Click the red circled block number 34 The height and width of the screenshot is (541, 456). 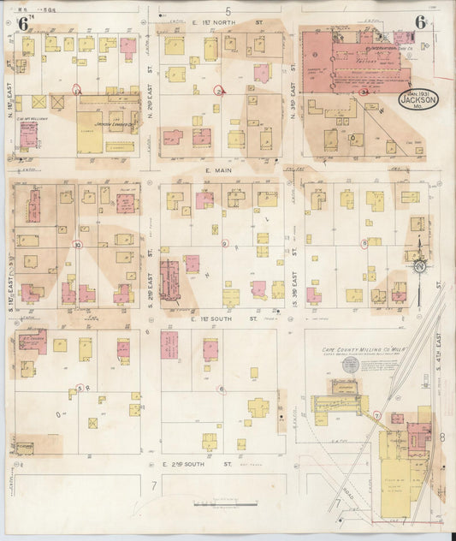pyautogui.click(x=364, y=91)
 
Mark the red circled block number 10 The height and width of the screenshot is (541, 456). pyautogui.click(x=78, y=245)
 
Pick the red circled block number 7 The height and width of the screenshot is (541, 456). pyautogui.click(x=377, y=415)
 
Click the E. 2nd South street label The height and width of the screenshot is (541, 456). pyautogui.click(x=198, y=463)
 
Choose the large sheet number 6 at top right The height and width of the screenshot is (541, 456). pyautogui.click(x=421, y=22)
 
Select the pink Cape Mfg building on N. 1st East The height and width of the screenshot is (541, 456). pyautogui.click(x=29, y=134)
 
